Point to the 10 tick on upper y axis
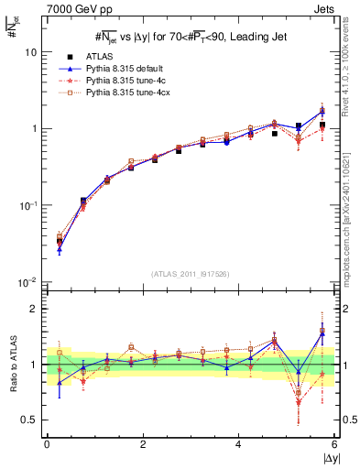click(29, 52)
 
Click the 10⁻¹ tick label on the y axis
click(27, 204)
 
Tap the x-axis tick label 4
click(239, 444)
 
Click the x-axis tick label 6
click(335, 444)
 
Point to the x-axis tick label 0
click(47, 444)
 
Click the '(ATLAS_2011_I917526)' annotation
click(191, 274)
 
